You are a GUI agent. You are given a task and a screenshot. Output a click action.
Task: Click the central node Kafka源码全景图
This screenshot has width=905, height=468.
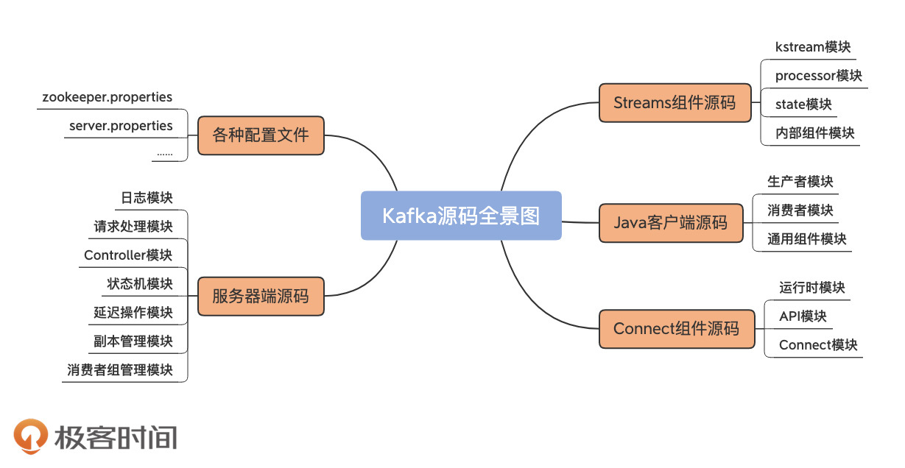tap(461, 216)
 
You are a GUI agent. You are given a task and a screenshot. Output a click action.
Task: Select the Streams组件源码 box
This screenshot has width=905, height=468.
tap(675, 102)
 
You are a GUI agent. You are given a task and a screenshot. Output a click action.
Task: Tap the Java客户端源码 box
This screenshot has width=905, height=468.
tap(670, 221)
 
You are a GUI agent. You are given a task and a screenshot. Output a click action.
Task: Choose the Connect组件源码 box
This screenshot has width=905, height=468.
tap(675, 328)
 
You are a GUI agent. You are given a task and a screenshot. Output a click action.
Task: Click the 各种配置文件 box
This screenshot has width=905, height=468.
tap(261, 135)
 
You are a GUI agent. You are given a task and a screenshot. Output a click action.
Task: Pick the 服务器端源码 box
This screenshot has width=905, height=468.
tap(261, 296)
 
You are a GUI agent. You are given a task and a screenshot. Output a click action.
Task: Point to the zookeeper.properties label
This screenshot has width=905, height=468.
tap(108, 97)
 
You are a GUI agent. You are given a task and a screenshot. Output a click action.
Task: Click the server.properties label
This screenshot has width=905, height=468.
tap(121, 126)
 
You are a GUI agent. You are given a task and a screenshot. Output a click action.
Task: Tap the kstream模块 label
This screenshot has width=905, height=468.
tap(813, 47)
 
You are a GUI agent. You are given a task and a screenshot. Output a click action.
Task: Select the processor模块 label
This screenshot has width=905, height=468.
tap(818, 76)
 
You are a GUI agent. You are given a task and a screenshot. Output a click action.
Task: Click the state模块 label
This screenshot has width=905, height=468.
tap(803, 104)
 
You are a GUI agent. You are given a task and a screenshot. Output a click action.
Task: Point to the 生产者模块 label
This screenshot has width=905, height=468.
tap(800, 182)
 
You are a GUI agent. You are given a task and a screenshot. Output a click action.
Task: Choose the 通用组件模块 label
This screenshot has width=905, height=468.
tap(807, 239)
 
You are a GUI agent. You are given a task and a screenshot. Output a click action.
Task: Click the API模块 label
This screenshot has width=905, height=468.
tap(803, 316)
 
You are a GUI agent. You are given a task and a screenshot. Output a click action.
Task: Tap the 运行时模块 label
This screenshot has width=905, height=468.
tap(812, 288)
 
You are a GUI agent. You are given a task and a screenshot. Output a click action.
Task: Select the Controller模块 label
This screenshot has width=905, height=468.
tap(128, 255)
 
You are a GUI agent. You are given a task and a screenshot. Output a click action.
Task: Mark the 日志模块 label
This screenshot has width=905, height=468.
tap(147, 198)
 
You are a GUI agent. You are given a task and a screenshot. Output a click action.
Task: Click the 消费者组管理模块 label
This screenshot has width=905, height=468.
tap(120, 370)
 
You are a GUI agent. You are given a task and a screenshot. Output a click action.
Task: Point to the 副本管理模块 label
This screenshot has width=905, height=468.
tap(133, 341)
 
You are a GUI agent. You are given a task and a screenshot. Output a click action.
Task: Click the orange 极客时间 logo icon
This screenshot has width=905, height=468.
tap(31, 436)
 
